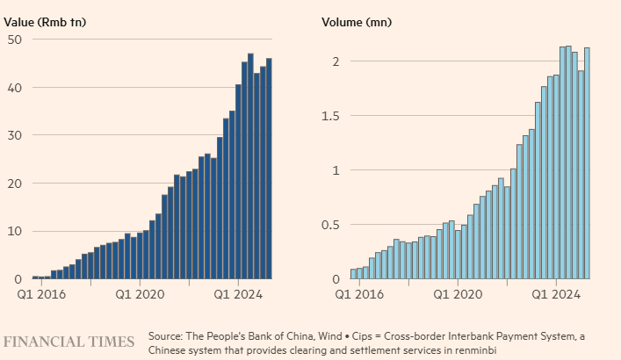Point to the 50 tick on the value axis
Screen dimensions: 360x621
(x=15, y=39)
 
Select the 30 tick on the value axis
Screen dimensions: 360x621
(x=15, y=135)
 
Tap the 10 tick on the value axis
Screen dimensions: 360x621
(x=15, y=231)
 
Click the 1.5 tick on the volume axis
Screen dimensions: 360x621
(x=329, y=116)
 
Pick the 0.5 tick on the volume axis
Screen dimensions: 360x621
(x=329, y=225)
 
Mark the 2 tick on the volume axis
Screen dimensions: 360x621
(x=335, y=61)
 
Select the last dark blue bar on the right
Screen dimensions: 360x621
(x=269, y=169)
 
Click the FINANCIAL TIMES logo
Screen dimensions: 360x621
(x=69, y=341)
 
